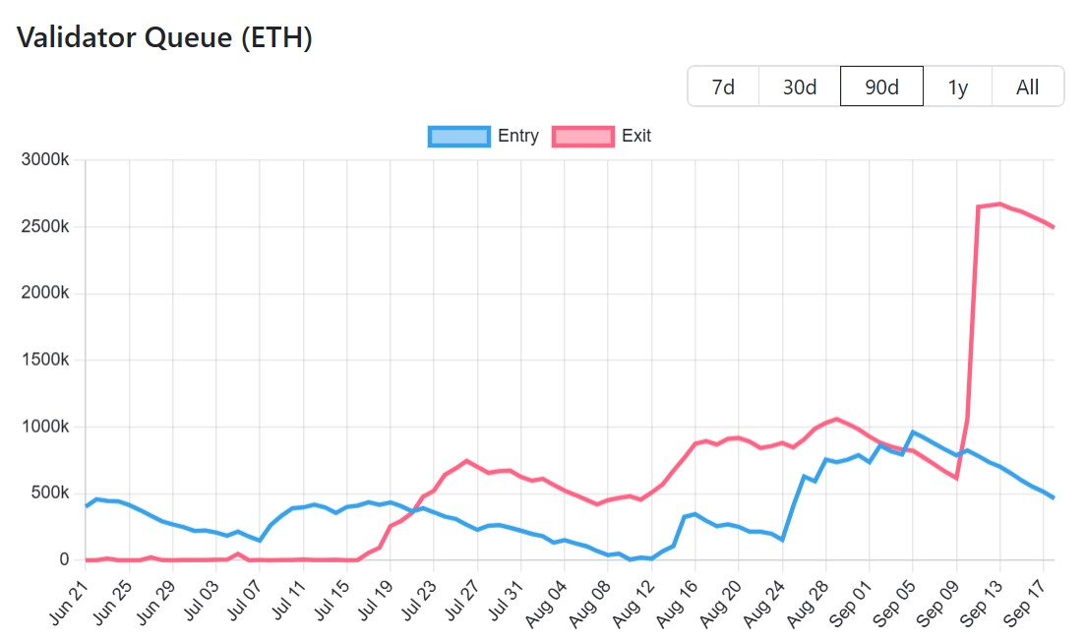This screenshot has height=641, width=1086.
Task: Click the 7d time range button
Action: [723, 87]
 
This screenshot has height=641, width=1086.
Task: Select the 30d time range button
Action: [800, 87]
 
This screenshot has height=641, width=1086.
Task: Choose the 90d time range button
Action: [881, 87]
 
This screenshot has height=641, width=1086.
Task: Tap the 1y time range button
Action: [957, 87]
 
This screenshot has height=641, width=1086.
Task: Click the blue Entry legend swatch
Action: [459, 137]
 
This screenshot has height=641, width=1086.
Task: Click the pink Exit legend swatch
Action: [583, 137]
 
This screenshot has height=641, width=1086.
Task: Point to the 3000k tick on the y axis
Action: [45, 160]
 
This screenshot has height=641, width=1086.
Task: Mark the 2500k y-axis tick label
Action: [45, 227]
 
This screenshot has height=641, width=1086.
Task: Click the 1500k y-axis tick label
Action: [45, 360]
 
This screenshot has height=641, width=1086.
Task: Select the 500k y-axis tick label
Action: [49, 494]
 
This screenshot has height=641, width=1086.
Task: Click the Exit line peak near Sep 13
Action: [999, 204]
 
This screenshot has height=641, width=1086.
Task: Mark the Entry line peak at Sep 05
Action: [913, 432]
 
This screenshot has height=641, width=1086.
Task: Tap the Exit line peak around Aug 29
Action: [836, 419]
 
